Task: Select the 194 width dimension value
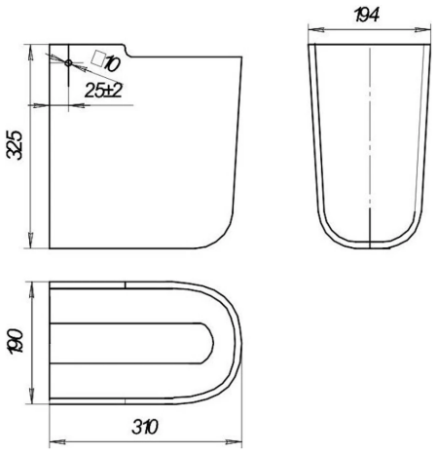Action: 368,14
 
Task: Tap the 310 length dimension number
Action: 145,427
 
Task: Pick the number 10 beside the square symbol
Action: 110,64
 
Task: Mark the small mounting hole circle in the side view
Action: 68,62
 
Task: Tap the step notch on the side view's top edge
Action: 128,48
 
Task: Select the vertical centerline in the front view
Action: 371,146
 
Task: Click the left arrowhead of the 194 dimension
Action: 311,31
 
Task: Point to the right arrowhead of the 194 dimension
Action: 426,31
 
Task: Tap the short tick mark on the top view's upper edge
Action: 127,285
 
